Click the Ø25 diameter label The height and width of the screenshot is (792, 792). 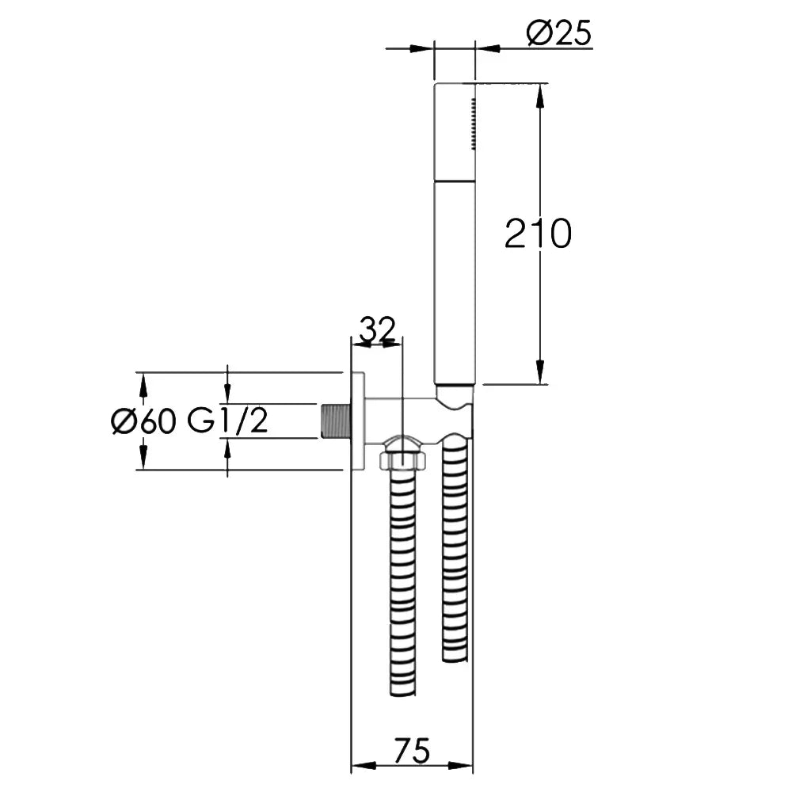tap(558, 33)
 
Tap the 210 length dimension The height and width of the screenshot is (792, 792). tap(538, 234)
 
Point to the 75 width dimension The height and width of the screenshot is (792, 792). tap(412, 751)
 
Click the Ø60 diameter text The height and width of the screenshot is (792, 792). tap(144, 421)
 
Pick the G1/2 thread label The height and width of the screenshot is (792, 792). tap(227, 421)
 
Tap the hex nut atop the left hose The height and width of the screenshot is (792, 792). tap(402, 459)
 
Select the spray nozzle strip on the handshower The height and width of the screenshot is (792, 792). tap(474, 124)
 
